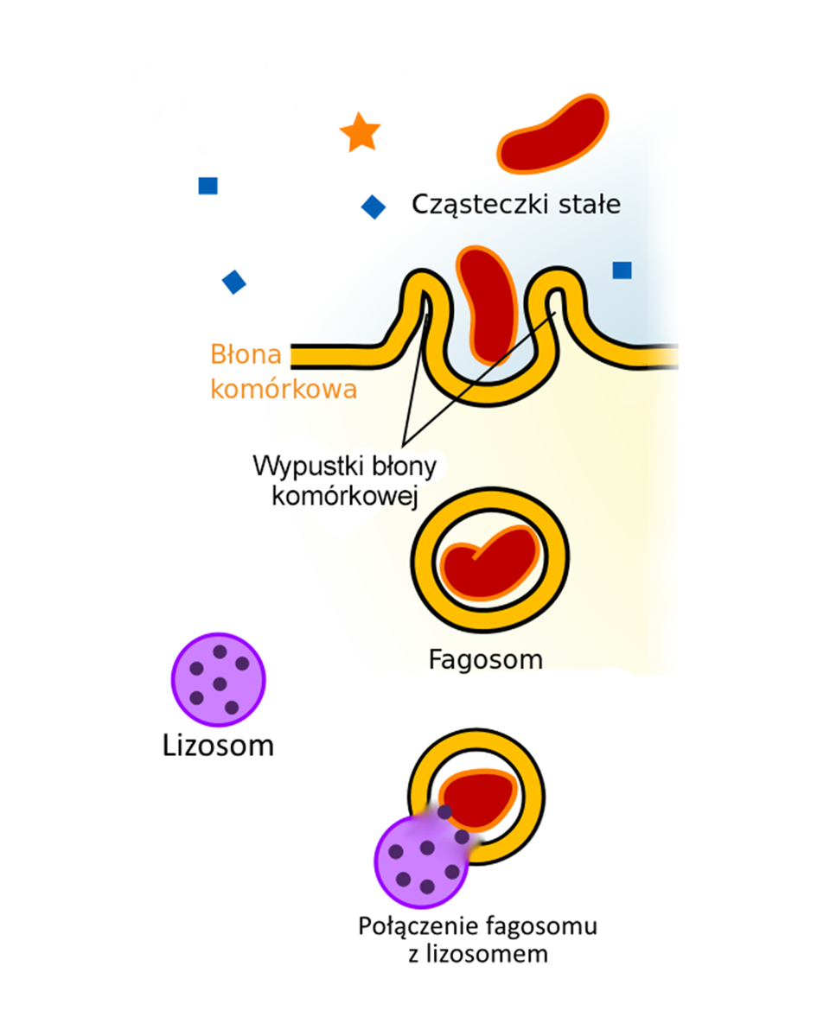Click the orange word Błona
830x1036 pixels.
point(243,356)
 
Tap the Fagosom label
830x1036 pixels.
point(486,660)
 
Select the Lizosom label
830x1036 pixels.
point(218,745)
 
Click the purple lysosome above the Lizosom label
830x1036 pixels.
point(218,680)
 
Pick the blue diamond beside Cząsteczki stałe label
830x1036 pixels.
point(373,207)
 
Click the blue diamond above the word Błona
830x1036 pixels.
point(233,282)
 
